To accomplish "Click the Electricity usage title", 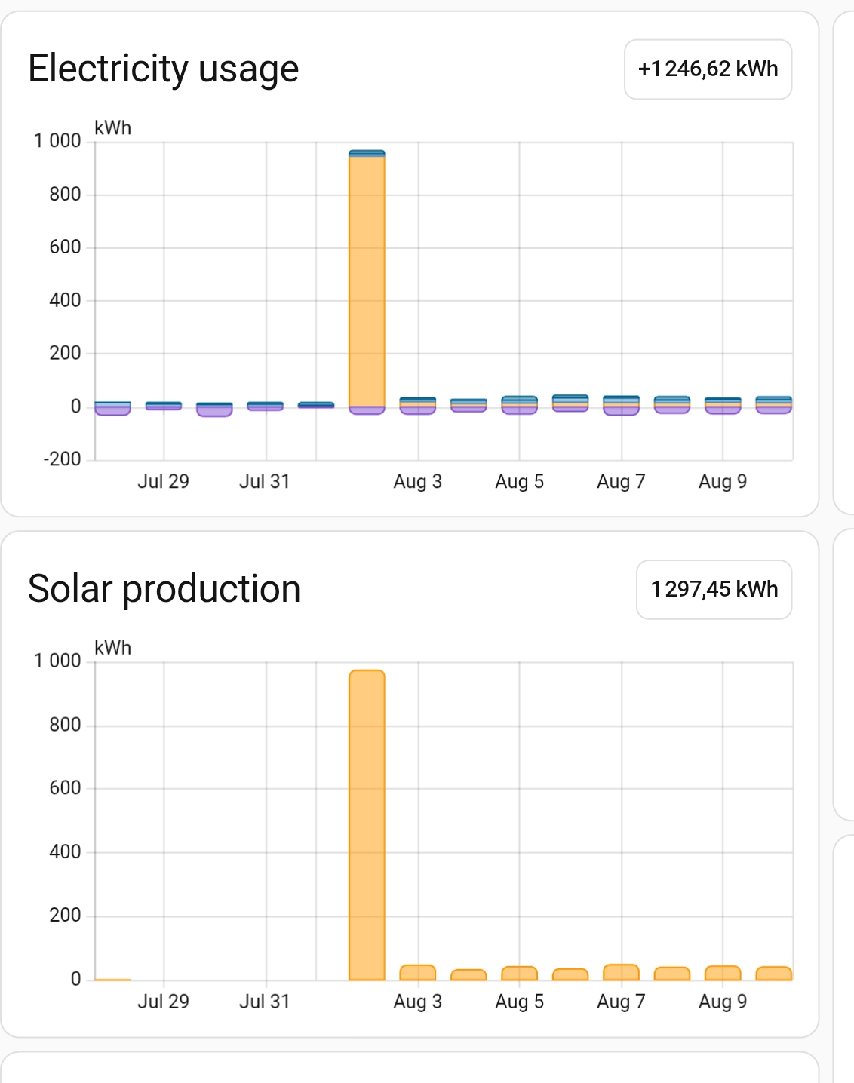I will pos(163,69).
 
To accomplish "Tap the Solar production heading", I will pos(164,589).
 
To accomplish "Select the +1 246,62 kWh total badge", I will pos(708,69).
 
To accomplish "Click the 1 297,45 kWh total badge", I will pos(714,590).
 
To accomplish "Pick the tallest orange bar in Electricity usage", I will pos(367,279).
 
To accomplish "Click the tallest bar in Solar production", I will pos(367,825).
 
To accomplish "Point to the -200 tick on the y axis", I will pos(63,459).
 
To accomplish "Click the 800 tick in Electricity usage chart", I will pos(65,195).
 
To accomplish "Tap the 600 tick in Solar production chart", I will pos(65,788).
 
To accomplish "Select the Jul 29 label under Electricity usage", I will pos(163,482).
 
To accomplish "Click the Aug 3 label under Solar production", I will pos(417,1002).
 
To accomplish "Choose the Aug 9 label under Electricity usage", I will pos(722,482).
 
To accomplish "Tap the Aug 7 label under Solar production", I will pos(621,1002).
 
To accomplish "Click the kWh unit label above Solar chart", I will pos(112,648).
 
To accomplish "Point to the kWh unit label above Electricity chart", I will pos(112,128).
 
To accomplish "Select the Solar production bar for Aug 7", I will pos(621,972).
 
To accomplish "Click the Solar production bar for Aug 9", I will pos(723,973).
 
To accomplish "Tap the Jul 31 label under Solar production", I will pos(264,1002).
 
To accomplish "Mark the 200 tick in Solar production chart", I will pos(65,916).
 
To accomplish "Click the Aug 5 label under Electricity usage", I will pos(519,482).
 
